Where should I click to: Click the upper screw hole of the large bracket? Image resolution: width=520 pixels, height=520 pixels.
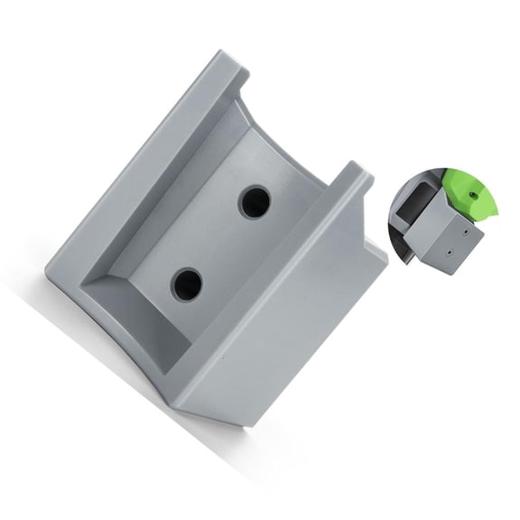click(255, 201)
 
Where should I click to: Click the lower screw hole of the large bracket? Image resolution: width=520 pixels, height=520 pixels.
click(187, 284)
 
